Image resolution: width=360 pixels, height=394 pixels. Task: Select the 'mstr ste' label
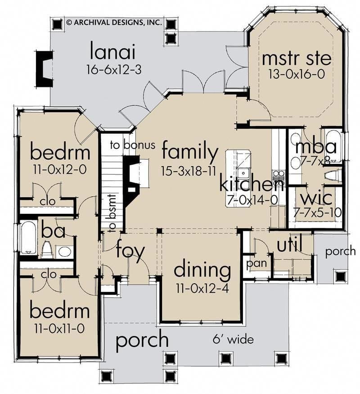297,59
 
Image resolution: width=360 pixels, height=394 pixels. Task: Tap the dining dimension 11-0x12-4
202,288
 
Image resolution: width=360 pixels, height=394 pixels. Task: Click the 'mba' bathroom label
316,146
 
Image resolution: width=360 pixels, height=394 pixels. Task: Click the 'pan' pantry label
256,263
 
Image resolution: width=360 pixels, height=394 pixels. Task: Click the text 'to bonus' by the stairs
133,145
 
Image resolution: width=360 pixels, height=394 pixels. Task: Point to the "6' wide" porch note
234,339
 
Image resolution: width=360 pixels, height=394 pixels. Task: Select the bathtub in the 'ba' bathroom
29,237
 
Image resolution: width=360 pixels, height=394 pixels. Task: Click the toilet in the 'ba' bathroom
47,249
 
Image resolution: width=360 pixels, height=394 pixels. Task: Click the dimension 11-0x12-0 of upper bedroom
59,170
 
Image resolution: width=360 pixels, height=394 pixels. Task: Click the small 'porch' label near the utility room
340,251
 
